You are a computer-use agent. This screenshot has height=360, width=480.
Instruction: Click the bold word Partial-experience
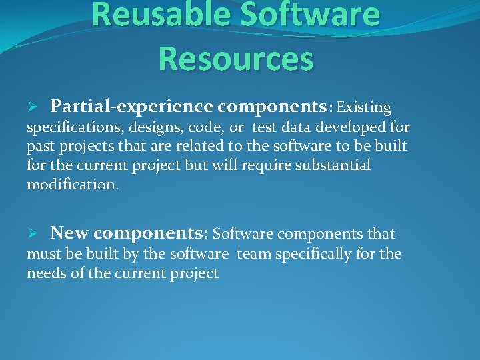point(131,107)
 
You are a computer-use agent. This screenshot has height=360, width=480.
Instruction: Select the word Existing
point(364,107)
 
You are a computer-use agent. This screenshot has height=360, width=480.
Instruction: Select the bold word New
point(70,234)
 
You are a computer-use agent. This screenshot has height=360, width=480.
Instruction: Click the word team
point(255,254)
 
